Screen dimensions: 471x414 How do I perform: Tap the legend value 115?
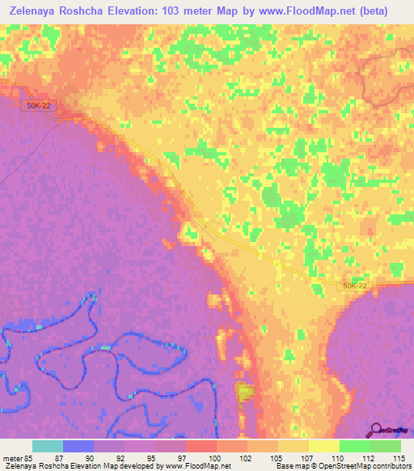(399, 457)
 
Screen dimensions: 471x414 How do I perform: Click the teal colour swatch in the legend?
(48, 446)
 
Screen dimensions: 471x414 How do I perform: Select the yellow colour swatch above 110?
(323, 446)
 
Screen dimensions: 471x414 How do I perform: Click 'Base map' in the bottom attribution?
(289, 466)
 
